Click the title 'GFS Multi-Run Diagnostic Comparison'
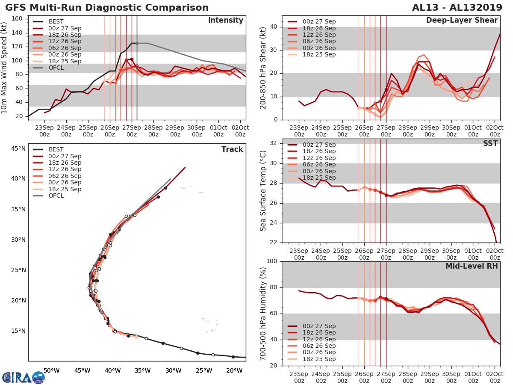click(107, 8)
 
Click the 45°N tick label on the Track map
click(18, 148)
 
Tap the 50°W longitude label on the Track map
click(51, 370)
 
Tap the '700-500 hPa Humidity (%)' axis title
click(263, 313)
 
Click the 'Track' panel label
click(232, 149)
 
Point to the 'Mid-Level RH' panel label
click(471, 266)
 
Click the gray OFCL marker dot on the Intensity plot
click(137, 43)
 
